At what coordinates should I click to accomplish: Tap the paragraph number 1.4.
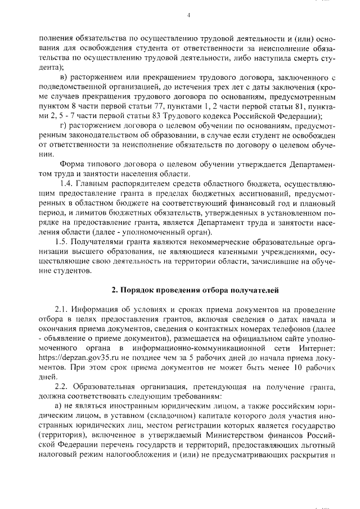coord(67,183)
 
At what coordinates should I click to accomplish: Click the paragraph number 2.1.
coord(62,310)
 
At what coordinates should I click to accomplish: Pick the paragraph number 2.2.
coord(62,388)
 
